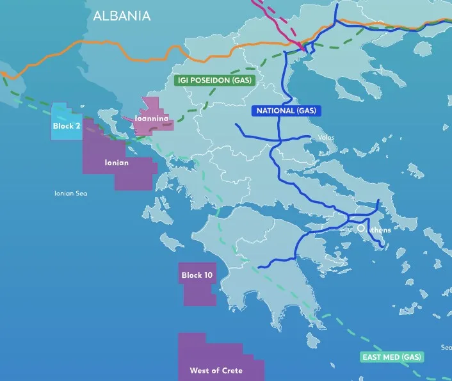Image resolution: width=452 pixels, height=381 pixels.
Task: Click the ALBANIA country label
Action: (x=122, y=16)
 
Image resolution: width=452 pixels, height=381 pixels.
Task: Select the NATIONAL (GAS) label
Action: (x=286, y=111)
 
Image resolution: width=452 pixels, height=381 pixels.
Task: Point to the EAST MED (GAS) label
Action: (x=391, y=357)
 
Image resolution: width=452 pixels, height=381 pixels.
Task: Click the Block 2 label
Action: (x=67, y=126)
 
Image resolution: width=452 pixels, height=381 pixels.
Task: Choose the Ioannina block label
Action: (x=151, y=119)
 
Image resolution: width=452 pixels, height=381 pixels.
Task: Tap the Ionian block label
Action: (x=117, y=163)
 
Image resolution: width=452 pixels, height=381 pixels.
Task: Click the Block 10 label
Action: (x=197, y=275)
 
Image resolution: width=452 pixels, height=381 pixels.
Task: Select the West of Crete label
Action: (x=216, y=371)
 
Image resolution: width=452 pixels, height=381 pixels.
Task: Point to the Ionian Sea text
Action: (x=70, y=193)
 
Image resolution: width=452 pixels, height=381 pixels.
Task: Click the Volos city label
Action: (x=326, y=138)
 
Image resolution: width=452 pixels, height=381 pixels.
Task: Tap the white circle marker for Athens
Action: (x=361, y=227)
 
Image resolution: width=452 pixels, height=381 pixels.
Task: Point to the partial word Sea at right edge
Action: (x=446, y=348)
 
